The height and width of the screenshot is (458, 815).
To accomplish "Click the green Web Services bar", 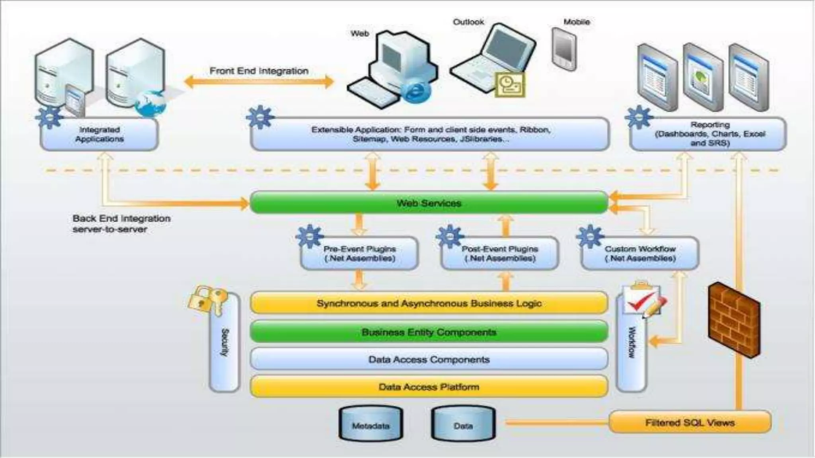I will tap(429, 203).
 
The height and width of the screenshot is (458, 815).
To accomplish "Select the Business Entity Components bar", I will tap(429, 332).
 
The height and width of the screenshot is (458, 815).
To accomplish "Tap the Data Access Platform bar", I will tap(429, 387).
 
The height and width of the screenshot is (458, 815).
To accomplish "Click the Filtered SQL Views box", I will tap(690, 422).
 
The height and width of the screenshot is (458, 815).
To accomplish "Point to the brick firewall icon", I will tap(734, 320).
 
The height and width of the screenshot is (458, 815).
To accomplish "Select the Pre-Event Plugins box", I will tap(359, 254).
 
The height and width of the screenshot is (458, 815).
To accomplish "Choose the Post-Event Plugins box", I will tap(500, 254).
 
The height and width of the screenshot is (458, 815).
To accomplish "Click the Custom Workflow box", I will tap(640, 254).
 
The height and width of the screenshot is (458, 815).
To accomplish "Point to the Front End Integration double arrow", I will tap(259, 82).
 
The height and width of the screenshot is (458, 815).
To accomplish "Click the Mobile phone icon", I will tap(564, 49).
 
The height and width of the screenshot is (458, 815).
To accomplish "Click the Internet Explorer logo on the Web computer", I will tap(415, 93).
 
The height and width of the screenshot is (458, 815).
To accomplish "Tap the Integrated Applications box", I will tap(99, 134).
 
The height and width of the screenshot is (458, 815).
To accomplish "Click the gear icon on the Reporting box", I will tap(638, 117).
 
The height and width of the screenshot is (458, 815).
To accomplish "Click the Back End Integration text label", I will tap(121, 223).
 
